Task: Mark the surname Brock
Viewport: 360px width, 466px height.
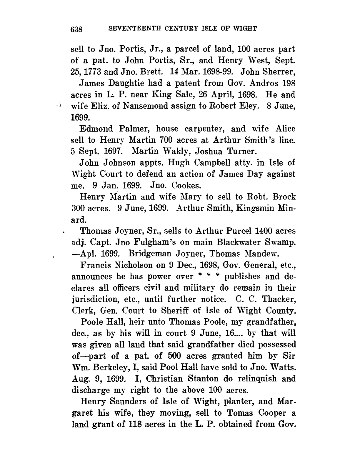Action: (x=284, y=197)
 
